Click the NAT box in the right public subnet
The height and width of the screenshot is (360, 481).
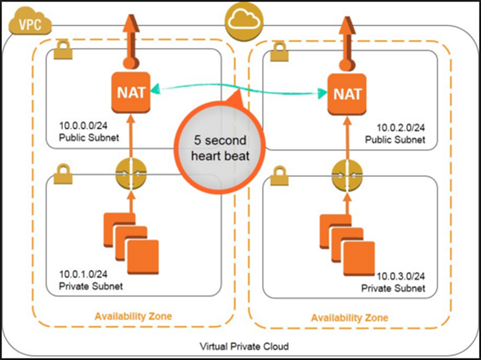coord(346,94)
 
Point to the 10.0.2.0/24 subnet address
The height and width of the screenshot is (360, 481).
coord(400,128)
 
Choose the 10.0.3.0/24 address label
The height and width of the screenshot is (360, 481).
coord(400,277)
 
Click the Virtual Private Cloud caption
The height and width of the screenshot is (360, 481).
coord(244,347)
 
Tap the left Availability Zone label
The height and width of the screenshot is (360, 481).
coord(132,316)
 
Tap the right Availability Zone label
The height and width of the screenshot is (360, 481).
coord(349,317)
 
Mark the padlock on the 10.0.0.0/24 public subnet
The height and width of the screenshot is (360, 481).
coord(62,52)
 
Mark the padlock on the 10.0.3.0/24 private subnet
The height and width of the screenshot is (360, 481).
coord(279,176)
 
